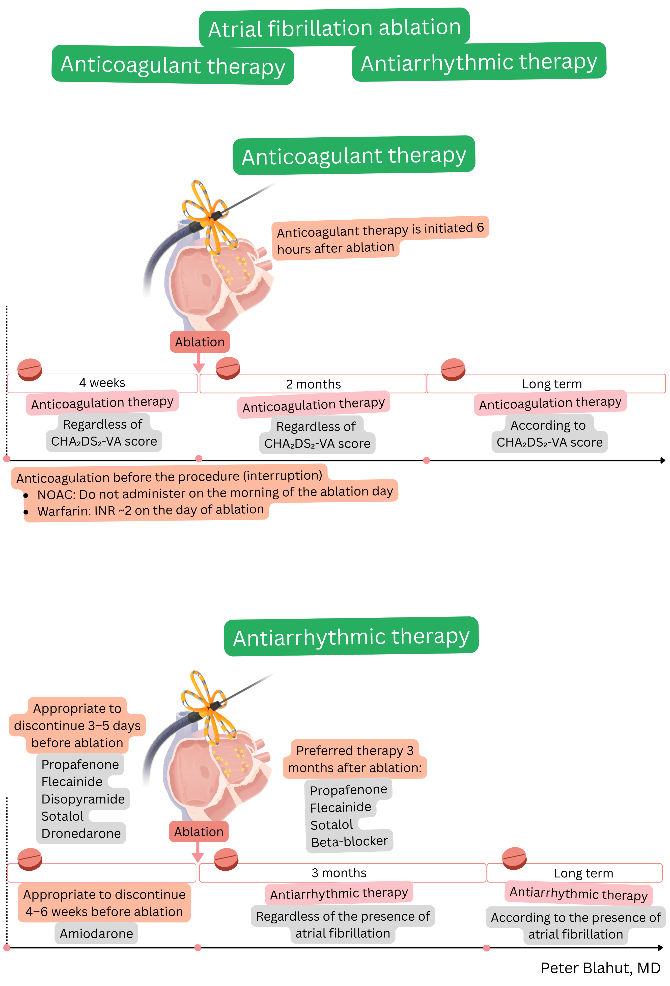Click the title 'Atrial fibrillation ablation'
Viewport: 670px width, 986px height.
tap(334, 28)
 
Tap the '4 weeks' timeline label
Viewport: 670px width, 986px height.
tap(102, 383)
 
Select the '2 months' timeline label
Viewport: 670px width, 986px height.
tap(313, 384)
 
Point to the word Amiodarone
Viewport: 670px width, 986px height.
tap(96, 933)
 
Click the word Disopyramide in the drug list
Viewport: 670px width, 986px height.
tap(83, 799)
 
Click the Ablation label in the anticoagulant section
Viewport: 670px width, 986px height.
tap(200, 342)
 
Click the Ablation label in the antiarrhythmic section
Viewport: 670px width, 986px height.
tap(199, 832)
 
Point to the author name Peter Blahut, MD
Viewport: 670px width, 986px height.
tap(600, 968)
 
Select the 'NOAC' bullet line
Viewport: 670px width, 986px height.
tap(215, 493)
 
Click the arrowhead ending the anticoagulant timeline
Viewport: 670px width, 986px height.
tap(662, 460)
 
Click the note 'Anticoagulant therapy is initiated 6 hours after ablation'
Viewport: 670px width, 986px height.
tap(380, 238)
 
